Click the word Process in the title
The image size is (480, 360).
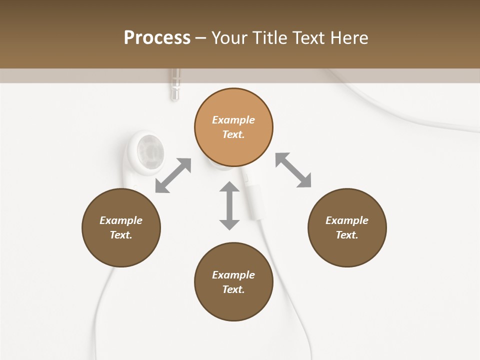(x=157, y=37)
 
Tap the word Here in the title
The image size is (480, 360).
(x=348, y=37)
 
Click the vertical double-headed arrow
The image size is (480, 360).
(x=229, y=205)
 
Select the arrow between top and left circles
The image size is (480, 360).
(x=173, y=175)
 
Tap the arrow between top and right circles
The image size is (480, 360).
(x=293, y=170)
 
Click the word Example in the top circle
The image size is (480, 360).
(x=233, y=120)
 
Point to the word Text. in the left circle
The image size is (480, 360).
(x=121, y=235)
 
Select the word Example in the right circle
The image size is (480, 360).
(x=347, y=220)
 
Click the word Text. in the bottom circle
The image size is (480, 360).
(x=233, y=289)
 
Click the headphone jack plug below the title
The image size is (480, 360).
(x=174, y=84)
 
